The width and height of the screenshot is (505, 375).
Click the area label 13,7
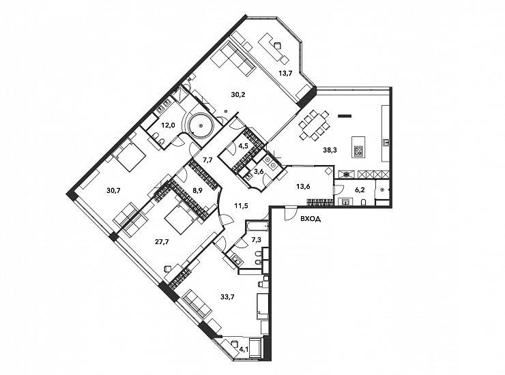coord(285,74)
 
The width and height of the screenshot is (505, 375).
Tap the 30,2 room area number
coord(237,94)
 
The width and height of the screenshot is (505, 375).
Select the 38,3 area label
coord(330,150)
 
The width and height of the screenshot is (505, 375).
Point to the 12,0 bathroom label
coord(168,125)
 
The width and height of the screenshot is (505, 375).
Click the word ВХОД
coord(311,220)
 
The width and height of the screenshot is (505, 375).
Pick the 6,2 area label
coord(359,190)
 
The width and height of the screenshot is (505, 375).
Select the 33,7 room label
coord(227,297)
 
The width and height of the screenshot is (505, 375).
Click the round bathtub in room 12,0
coord(201,125)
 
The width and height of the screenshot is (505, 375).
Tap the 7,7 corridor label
coord(207,160)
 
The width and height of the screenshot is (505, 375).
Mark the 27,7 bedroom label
coord(162,242)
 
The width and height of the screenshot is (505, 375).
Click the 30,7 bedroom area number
coord(113,190)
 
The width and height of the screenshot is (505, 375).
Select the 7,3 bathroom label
coord(256,239)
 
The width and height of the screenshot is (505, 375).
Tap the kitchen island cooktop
coord(358,151)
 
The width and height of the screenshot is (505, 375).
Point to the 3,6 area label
coord(259,171)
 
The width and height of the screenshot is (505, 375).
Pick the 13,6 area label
coord(303,186)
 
